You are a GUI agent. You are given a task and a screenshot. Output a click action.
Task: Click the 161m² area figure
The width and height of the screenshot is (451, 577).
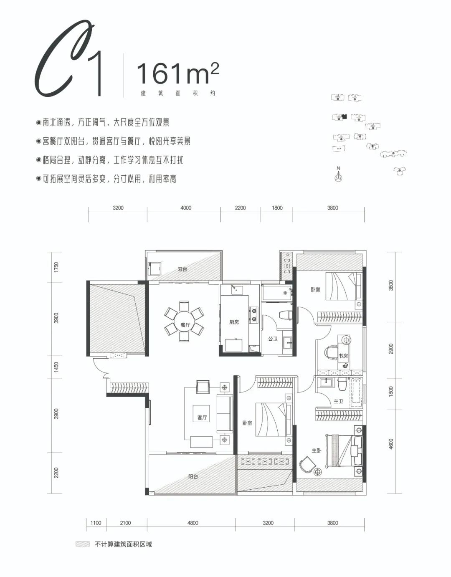tap(177, 74)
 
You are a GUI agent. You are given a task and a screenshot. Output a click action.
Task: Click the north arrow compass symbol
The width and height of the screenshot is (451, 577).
tap(338, 175)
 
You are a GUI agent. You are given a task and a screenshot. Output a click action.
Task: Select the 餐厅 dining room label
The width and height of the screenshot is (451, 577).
tap(185, 325)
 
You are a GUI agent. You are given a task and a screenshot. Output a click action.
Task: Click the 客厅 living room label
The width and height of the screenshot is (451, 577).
tap(202, 418)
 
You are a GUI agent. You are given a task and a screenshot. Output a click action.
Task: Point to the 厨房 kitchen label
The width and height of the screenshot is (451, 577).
tap(234, 322)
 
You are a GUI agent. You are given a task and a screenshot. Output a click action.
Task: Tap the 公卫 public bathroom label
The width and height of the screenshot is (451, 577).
tap(273, 339)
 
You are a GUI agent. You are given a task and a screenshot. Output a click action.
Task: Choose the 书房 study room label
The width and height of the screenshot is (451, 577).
tap(343, 356)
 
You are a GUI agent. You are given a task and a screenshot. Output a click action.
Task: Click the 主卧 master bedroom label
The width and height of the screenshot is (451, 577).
tap(317, 450)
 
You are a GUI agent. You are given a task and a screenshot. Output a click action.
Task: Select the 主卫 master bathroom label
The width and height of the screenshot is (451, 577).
tap(338, 401)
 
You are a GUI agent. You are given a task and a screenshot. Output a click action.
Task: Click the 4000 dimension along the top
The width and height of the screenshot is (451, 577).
tap(186, 208)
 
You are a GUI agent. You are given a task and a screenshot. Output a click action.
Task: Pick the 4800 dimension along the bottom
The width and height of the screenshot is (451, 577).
tap(193, 523)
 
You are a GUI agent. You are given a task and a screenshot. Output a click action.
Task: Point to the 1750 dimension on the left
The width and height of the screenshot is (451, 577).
tap(57, 267)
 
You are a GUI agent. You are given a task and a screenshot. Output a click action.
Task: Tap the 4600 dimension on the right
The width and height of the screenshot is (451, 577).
tap(391, 444)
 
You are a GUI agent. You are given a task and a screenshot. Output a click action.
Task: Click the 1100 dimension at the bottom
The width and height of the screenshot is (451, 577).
tap(96, 523)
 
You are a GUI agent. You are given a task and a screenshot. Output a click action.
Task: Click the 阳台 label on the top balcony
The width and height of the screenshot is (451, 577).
tap(182, 269)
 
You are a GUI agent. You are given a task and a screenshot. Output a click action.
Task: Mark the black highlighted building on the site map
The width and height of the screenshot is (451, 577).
tap(344, 116)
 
